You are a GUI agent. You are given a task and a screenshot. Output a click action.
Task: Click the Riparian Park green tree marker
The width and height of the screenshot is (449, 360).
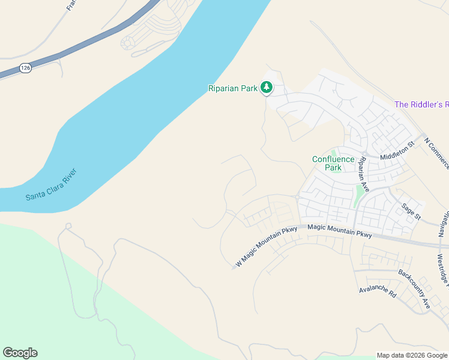(x=267, y=88)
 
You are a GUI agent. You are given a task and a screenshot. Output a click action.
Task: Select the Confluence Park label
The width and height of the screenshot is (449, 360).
(x=333, y=163)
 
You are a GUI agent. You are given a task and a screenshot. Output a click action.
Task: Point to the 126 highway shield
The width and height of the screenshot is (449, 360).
(x=25, y=68)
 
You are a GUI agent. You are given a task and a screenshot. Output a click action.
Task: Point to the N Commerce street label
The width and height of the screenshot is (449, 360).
(x=436, y=154)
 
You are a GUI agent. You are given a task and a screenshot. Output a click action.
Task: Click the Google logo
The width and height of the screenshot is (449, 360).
(x=20, y=353)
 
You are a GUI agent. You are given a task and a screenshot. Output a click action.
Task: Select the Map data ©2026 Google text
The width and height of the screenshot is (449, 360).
(x=412, y=355)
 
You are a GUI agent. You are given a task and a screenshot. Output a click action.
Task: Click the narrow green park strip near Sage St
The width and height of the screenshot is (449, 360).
(x=360, y=194)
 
